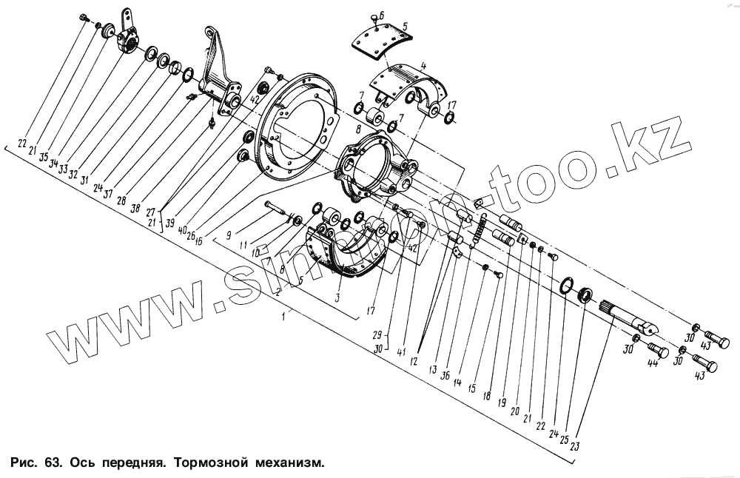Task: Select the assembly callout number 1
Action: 285,316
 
